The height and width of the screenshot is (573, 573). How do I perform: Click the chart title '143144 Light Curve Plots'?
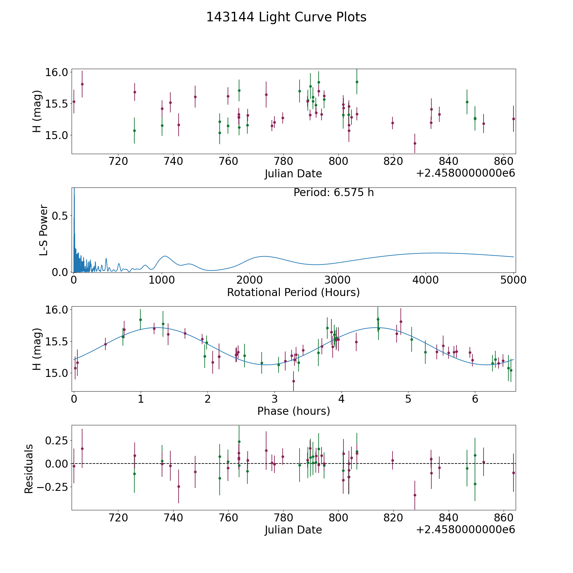click(286, 17)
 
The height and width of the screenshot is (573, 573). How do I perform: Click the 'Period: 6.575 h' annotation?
click(334, 193)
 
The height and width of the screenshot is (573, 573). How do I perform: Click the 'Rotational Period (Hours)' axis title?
click(293, 292)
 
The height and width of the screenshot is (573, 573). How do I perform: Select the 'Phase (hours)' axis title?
click(294, 411)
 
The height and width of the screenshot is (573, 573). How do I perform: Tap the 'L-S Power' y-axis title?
click(44, 230)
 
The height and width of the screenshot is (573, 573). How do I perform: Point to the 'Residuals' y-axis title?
click(29, 469)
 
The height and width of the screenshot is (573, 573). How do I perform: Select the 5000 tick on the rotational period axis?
click(513, 280)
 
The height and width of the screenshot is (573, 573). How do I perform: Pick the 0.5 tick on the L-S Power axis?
click(60, 216)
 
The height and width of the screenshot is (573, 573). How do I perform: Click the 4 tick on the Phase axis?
click(341, 399)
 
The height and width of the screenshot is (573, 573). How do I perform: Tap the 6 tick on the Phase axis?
click(475, 399)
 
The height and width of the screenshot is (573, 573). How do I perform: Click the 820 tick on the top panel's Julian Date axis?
click(393, 161)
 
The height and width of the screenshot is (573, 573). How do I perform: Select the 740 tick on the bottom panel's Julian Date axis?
click(173, 518)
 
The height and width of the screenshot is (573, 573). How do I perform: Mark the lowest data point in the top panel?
click(415, 143)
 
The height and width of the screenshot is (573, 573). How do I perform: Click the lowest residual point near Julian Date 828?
click(415, 495)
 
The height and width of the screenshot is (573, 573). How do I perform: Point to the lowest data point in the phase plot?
click(294, 381)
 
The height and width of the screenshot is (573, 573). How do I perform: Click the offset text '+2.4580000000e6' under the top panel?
click(465, 173)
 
